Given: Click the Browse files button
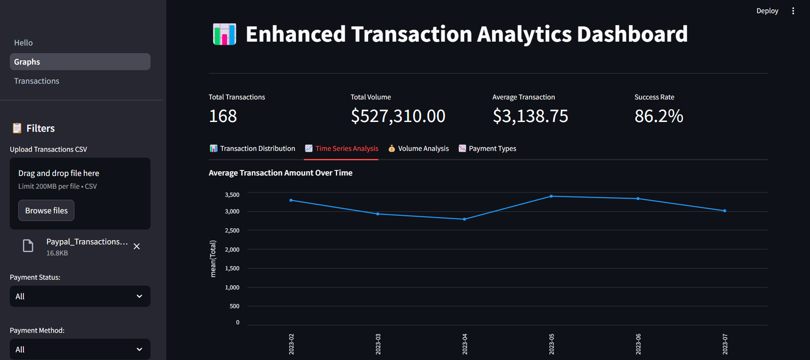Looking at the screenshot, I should point(46,210).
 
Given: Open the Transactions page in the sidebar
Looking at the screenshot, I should point(37,81).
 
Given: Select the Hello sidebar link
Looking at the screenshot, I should point(23,43).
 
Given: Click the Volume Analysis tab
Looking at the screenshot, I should point(418,148).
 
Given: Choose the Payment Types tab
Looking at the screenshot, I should point(487,148).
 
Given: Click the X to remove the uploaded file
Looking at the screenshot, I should point(136,247).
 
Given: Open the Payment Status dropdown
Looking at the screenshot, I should point(80,296).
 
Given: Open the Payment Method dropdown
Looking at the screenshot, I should point(80,349).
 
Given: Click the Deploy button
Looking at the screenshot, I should point(767,11).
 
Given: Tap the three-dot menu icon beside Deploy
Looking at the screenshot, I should point(793,11).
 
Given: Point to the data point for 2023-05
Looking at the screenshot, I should point(551,196).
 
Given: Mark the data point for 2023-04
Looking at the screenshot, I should point(464,219).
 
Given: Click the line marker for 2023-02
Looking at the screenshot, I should point(291,200).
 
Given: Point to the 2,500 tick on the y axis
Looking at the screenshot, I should point(232,230).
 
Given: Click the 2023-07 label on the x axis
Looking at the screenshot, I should point(725,344).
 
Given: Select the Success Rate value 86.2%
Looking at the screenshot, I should point(659,116).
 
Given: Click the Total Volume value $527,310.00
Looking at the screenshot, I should point(398,116).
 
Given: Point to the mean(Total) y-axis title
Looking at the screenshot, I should point(213,259).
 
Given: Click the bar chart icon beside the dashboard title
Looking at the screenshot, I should point(225,34).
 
